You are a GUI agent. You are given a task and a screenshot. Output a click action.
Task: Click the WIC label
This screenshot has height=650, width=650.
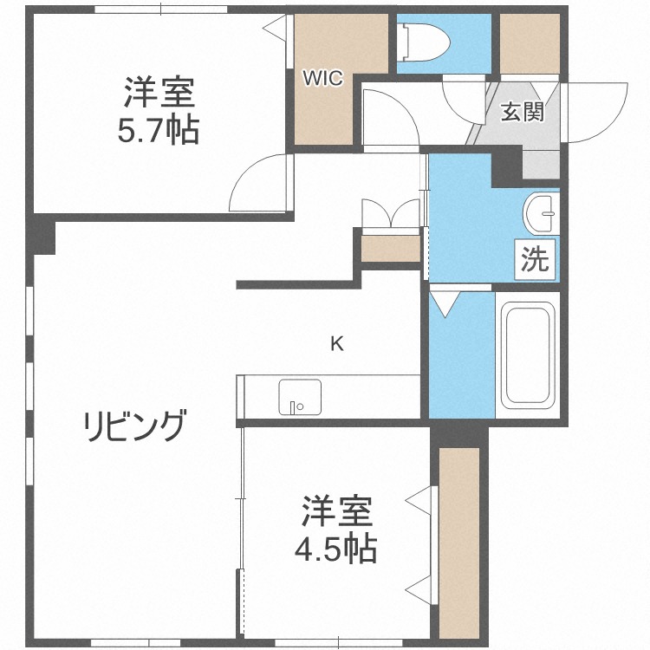coord(322,79)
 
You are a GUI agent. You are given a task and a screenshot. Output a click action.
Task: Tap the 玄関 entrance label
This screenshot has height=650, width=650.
coord(523,112)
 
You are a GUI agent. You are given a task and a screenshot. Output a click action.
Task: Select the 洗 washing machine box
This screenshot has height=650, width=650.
coord(536,260)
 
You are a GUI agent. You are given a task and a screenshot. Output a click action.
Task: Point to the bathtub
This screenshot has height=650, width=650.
coord(527,354)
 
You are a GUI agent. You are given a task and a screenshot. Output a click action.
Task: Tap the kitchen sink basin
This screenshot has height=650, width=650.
coord(299,398)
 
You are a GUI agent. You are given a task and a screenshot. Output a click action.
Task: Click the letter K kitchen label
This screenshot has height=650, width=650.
coord(336,344)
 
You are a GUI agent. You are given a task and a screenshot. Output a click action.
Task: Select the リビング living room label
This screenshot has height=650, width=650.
coord(134,426)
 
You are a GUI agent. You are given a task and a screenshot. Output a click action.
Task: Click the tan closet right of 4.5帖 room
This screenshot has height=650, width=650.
coord(459,542)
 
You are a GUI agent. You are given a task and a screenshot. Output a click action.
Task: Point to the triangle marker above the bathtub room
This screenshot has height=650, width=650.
coord(446,302)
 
